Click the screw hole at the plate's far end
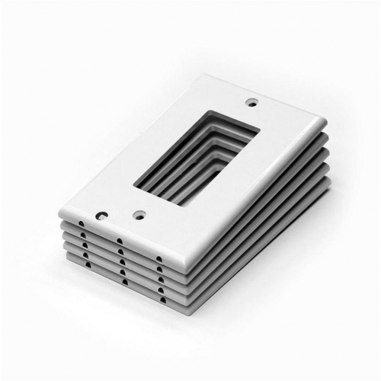pos(251,102)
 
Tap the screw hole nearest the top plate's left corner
pos(98,216)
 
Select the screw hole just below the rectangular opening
pos(138,215)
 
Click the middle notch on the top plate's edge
pos(120,242)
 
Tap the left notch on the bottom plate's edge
pos(86,264)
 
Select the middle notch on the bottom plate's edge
pos(122,281)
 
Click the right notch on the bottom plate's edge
pos(159,298)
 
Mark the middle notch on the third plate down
pos(120,261)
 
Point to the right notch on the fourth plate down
pos(158,288)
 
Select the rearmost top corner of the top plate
pos(204,76)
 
